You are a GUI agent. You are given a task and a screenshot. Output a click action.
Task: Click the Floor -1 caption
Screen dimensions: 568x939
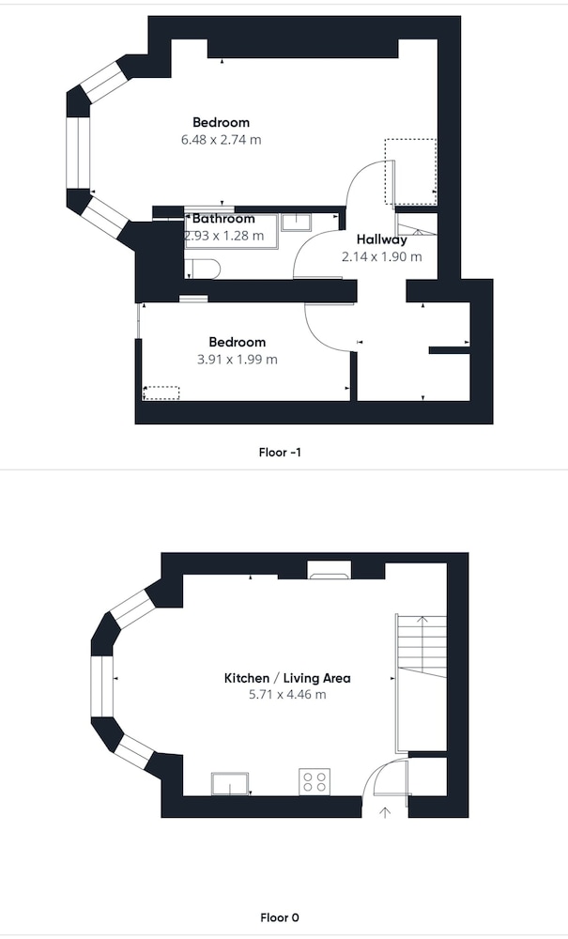click(280, 453)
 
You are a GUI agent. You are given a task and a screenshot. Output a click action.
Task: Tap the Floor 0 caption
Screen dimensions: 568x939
click(280, 917)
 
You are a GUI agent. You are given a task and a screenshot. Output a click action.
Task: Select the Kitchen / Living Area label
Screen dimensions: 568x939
click(287, 679)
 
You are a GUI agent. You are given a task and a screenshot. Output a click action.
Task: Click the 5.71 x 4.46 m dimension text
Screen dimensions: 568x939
click(287, 695)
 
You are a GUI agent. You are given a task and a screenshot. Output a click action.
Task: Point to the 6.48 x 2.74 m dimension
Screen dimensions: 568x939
click(222, 140)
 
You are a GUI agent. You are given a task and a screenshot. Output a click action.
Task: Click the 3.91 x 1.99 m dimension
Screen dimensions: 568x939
click(237, 360)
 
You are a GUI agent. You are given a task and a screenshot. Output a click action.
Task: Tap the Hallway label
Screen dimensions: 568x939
click(382, 239)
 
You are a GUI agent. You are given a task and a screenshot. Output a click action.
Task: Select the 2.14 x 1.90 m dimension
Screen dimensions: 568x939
click(382, 257)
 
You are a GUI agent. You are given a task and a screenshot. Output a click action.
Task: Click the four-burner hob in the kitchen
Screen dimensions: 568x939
click(315, 781)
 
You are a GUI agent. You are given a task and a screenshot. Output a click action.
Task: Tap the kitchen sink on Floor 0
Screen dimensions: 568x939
click(230, 784)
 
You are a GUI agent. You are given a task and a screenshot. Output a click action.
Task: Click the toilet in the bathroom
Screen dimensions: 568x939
click(199, 269)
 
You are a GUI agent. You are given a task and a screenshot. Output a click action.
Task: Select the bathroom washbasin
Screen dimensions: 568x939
click(296, 222)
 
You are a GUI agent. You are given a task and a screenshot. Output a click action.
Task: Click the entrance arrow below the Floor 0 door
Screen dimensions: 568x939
click(385, 812)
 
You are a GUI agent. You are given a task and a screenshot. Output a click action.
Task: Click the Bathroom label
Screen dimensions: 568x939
click(223, 219)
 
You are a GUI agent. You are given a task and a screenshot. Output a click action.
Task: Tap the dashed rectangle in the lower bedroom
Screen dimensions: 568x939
click(161, 393)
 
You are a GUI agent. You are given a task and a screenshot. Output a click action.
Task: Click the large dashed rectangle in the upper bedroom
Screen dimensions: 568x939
click(410, 171)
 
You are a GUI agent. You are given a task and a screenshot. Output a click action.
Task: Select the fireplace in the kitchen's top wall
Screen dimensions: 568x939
click(329, 570)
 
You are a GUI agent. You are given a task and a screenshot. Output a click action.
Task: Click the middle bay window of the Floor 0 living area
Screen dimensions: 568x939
click(101, 686)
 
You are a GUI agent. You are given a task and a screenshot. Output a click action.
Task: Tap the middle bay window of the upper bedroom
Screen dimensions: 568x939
click(77, 152)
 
